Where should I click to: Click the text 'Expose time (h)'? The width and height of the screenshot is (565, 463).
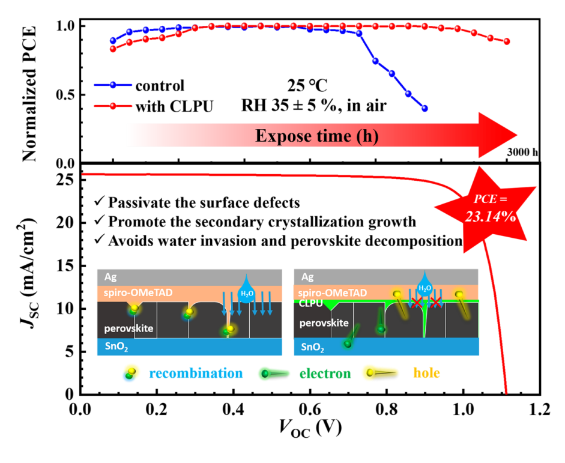click(317, 136)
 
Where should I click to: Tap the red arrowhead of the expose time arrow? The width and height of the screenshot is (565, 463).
click(498, 135)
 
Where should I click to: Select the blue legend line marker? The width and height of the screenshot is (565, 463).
click(112, 85)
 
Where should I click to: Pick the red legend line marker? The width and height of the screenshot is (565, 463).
click(112, 106)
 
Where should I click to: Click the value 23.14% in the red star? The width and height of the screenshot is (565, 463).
click(490, 217)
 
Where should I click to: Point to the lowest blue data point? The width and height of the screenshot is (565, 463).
click(425, 109)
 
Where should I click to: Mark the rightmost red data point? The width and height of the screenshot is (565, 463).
click(507, 41)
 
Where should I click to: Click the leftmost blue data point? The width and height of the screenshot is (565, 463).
click(112, 41)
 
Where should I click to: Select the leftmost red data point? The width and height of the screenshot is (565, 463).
click(112, 49)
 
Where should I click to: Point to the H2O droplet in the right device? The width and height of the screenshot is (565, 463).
click(425, 284)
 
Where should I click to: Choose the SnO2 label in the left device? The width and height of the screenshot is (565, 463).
click(116, 347)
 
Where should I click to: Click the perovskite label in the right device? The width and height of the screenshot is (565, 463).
click(324, 323)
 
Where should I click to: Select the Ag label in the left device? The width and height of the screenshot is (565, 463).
click(110, 277)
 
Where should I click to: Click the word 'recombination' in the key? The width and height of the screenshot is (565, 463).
click(196, 374)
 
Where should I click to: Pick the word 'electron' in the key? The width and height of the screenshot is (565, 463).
click(325, 374)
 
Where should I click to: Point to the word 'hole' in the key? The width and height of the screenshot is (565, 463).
click(426, 374)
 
